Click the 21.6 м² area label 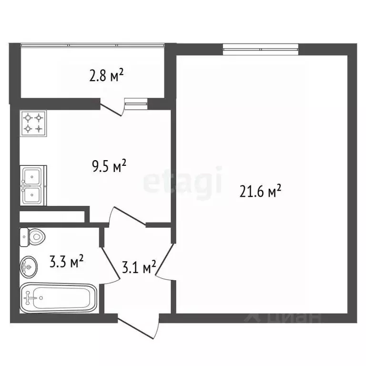click(260, 192)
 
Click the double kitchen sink click(33, 185)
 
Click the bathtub click(58, 298)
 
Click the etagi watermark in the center click(183, 181)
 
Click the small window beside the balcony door click(136, 102)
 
